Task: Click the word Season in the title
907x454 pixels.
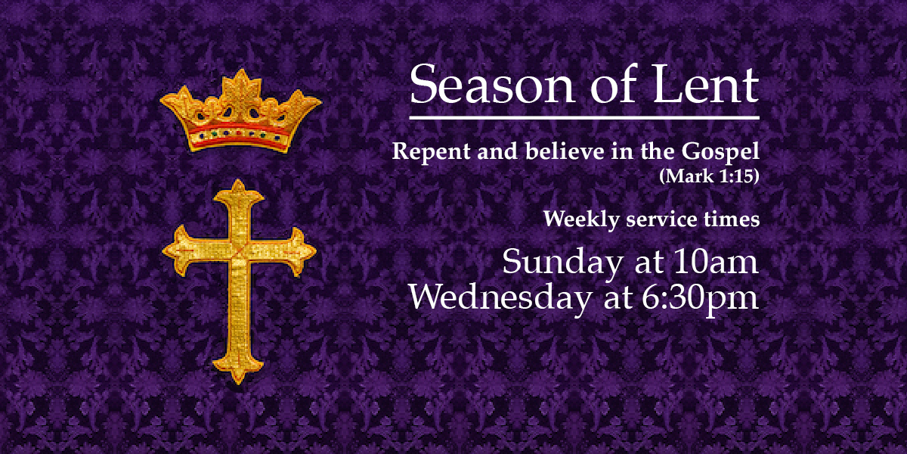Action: pos(492,84)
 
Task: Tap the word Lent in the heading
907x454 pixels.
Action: pos(706,84)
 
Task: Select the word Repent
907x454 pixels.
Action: pos(432,152)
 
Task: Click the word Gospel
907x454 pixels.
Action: pos(720,152)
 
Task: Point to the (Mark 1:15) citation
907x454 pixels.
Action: pos(709,176)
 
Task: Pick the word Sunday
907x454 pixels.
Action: pos(562,263)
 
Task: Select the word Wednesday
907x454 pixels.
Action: pos(500,298)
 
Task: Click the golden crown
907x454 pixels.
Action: pos(240,110)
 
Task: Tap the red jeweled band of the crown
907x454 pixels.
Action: pos(240,135)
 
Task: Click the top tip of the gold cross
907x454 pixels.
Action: pos(238,180)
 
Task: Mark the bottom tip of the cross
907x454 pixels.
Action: pos(238,384)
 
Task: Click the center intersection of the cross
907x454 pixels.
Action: pos(240,252)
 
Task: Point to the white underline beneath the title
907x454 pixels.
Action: pos(584,118)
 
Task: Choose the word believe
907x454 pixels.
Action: pos(565,151)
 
